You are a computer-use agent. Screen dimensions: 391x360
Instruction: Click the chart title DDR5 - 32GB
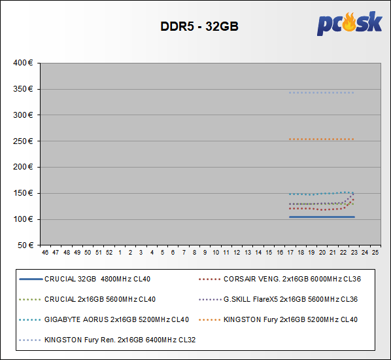click(x=199, y=26)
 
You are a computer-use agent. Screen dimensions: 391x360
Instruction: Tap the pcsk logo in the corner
click(x=350, y=24)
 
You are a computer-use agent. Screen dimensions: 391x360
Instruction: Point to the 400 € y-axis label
click(x=23, y=63)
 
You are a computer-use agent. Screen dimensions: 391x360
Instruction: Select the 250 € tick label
click(x=23, y=141)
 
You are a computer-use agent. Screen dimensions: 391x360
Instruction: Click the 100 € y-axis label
click(x=23, y=219)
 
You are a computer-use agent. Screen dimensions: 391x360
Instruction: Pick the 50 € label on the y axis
click(x=25, y=245)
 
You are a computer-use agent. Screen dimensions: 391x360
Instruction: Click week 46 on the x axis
click(x=45, y=253)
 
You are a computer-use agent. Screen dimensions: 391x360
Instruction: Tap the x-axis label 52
click(x=109, y=253)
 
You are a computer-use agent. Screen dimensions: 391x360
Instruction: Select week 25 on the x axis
click(x=375, y=253)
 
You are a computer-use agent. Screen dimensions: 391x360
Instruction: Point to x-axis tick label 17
click(x=290, y=253)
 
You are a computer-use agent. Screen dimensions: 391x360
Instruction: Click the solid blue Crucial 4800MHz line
click(x=322, y=217)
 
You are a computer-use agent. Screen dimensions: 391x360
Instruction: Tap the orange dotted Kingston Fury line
click(x=322, y=139)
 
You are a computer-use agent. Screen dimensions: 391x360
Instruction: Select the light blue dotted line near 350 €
click(x=322, y=93)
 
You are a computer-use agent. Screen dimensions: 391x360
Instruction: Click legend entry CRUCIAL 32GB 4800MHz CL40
click(x=85, y=279)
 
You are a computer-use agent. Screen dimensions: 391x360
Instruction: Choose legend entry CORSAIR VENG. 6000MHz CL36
click(x=280, y=279)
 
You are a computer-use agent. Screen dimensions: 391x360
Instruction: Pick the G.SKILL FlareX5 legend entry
click(x=279, y=299)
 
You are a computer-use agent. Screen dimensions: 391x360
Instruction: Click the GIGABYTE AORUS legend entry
click(x=104, y=319)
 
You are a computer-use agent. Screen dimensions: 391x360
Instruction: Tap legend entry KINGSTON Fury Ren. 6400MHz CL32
click(x=107, y=340)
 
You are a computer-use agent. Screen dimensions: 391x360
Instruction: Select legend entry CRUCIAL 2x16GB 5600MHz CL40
click(x=87, y=299)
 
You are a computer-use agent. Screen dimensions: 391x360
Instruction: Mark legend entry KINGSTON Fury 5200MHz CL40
click(x=279, y=319)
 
